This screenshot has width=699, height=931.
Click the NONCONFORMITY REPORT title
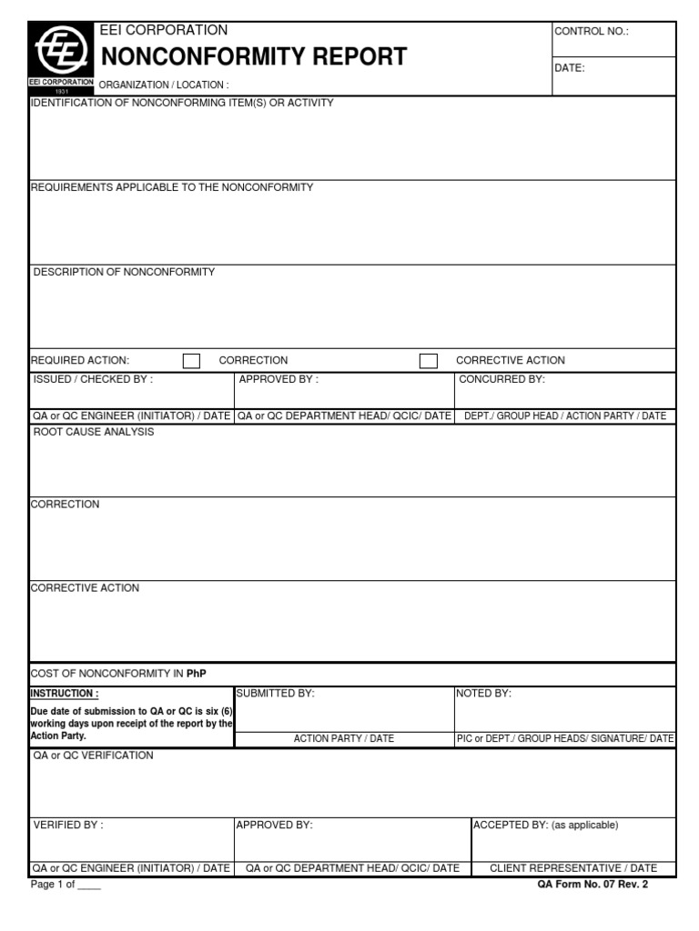pos(253,57)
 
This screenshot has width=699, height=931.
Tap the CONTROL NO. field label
pos(592,32)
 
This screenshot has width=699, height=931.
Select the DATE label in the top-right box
pos(570,68)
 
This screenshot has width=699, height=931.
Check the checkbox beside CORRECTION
pos(191,361)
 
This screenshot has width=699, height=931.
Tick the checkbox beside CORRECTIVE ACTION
pos(428,361)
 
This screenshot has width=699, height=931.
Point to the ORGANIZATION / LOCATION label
pos(163,85)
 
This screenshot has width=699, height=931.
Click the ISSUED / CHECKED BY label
pos(93,379)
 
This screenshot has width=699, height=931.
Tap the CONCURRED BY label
pos(501,379)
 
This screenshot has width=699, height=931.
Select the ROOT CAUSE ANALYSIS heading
pos(94,432)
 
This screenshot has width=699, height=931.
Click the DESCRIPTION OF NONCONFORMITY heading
pos(125,272)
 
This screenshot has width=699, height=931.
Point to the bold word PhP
pos(198,674)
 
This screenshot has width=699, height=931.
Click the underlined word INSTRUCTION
pos(65,694)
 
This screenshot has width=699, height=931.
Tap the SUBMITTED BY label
pos(275,694)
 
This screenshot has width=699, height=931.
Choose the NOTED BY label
pos(484,694)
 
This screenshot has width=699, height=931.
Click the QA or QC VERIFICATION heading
pos(94,756)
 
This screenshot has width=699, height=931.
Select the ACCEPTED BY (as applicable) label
pos(545,825)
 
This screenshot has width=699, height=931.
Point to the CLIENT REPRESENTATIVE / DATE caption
pos(572,868)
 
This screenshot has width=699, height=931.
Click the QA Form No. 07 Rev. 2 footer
pos(593,884)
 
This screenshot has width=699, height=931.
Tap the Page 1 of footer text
pos(66,885)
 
